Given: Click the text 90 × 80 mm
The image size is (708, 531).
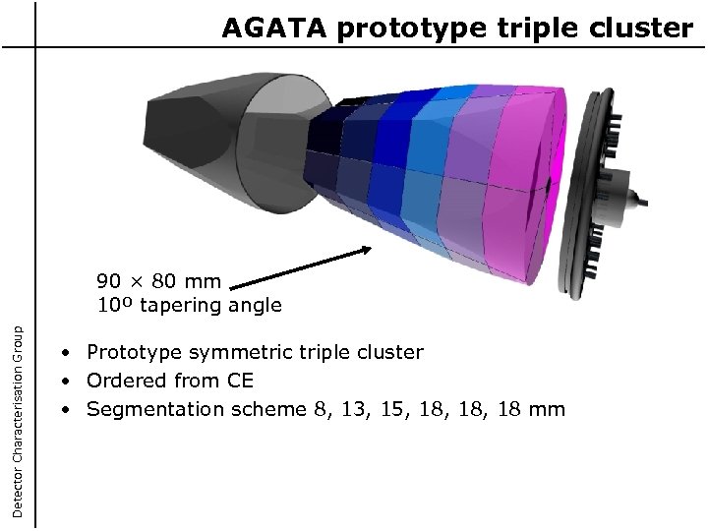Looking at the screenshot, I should [x=158, y=282].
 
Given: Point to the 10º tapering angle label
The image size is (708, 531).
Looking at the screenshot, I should [x=189, y=305].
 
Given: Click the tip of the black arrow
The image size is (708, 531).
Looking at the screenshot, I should [x=373, y=249].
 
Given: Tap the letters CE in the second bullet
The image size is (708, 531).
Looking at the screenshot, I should [x=241, y=381].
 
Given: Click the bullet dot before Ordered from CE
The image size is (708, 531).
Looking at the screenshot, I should [x=64, y=382].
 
